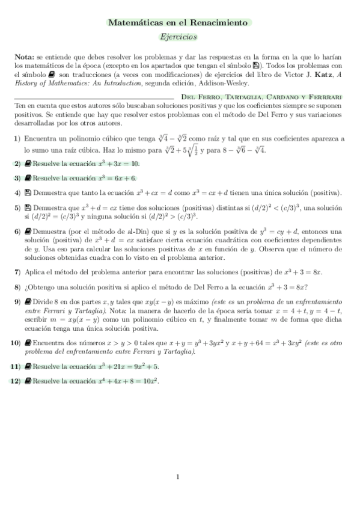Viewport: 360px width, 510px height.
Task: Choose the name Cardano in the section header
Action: coord(286,96)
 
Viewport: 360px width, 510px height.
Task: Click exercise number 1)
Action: coord(17,140)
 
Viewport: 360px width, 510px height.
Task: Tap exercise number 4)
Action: coord(17,193)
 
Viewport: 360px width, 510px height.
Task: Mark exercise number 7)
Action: coord(17,272)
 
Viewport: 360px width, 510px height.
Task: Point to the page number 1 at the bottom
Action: coord(178,478)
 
